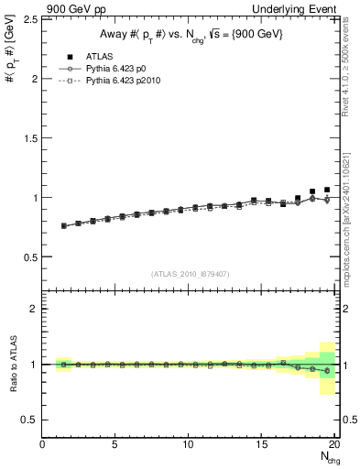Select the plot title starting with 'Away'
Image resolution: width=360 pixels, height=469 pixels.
point(191,36)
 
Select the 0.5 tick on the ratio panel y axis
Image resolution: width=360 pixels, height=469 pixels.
point(29,420)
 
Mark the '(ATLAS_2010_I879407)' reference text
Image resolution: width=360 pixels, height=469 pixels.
point(191,274)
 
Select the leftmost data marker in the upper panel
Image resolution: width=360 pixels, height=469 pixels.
point(63,225)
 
